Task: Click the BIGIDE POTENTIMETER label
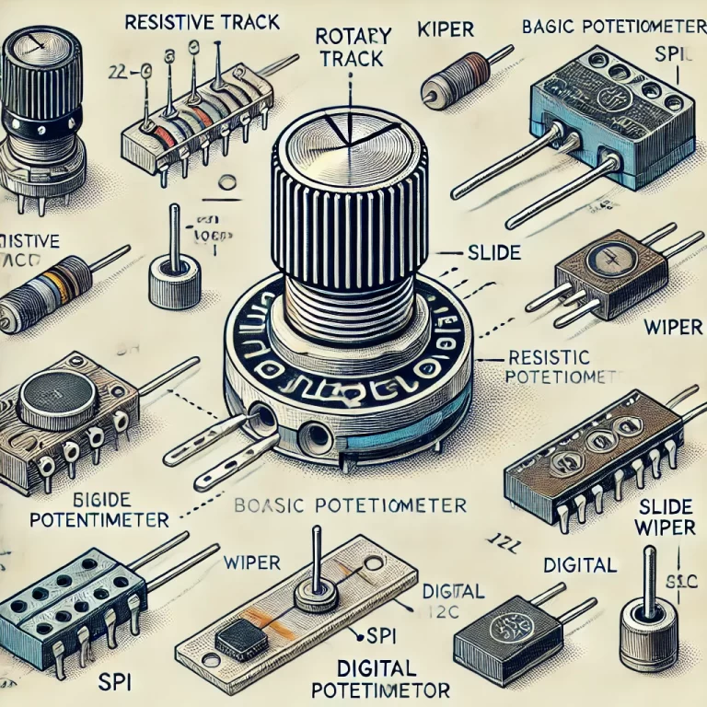(87, 510)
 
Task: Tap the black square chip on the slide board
(238, 634)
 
